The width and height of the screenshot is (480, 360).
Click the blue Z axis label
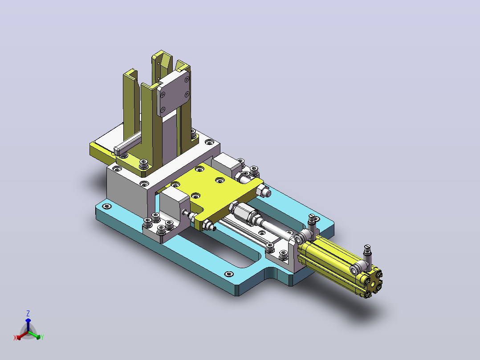point(28,313)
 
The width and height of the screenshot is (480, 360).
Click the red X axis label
point(15,338)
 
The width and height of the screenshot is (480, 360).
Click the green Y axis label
point(42,337)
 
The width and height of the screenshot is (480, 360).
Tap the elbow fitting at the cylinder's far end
point(363,261)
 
